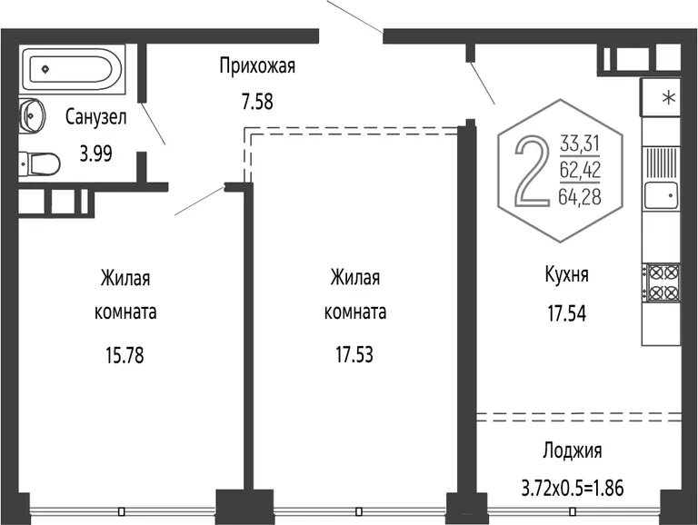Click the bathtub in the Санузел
72,69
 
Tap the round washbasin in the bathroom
32,114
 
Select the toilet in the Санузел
39,164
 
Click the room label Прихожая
257,66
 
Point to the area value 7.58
257,102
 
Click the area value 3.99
95,154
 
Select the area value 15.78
125,356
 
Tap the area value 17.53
354,355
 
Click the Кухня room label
567,275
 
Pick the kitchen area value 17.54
567,313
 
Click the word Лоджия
573,451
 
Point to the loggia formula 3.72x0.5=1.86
573,489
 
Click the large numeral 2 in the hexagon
533,172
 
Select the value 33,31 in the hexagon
580,144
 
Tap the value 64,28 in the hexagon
580,197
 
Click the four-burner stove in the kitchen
663,282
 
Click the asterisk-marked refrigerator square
661,97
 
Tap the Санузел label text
95,117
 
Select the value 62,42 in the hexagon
580,170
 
